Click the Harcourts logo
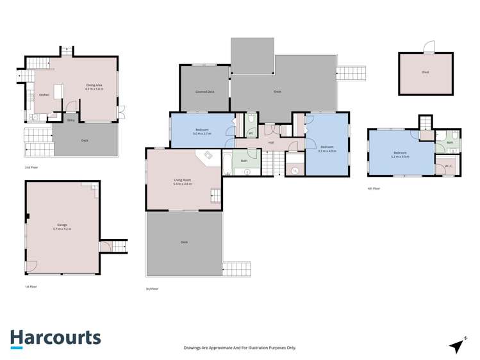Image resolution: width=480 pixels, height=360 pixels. pos(55,338)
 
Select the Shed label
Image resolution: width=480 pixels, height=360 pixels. pos(426,72)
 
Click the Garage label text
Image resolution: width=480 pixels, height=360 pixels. pos(62,225)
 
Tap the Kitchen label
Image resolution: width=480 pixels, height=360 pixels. pos(44,95)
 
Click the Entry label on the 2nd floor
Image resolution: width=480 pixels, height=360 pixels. pos(70,120)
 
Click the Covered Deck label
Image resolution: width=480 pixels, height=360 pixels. pos(205,92)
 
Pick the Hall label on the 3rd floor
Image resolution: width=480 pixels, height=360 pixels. pos(271,142)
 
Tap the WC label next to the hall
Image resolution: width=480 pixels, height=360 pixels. pos(251,133)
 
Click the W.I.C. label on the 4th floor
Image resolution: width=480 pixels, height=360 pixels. pos(449,167)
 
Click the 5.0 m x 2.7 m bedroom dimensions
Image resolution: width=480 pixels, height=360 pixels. pos(202,133)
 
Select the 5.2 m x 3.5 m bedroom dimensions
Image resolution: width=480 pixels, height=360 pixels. pos(401,156)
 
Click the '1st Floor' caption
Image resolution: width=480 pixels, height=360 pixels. pos(31,286)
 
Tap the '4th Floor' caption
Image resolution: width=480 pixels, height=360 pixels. pos(374,188)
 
